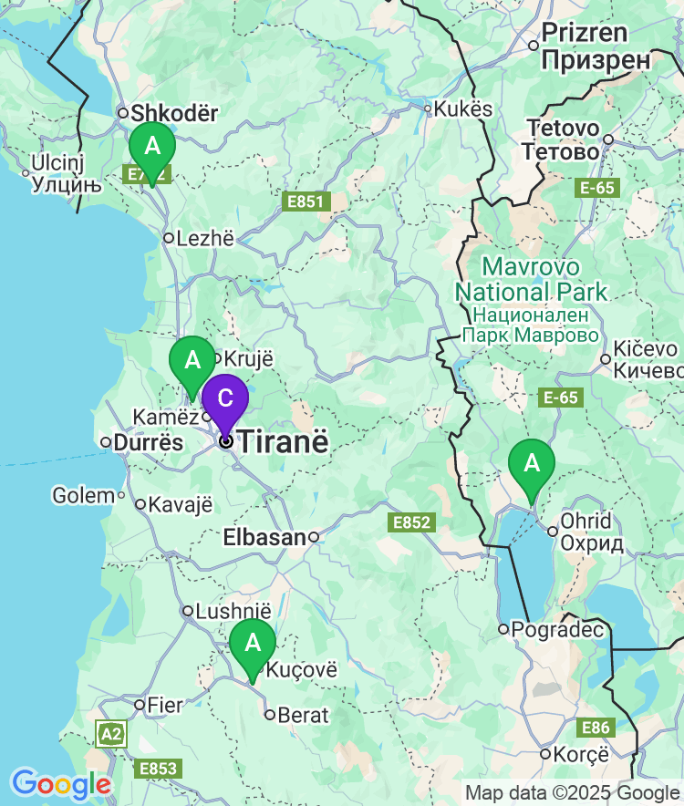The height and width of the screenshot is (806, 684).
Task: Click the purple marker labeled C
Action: (x=224, y=398)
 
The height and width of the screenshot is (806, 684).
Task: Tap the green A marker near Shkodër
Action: (x=151, y=147)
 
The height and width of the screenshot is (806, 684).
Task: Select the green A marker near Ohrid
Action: (x=532, y=464)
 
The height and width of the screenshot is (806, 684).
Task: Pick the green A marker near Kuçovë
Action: (x=253, y=643)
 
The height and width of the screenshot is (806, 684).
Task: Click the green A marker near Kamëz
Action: (x=192, y=360)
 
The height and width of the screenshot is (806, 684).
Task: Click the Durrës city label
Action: (x=142, y=443)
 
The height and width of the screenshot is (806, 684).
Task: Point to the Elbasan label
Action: (x=264, y=538)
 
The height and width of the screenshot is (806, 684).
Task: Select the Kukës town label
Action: (x=462, y=109)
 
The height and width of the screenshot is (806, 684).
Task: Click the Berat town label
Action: (x=303, y=715)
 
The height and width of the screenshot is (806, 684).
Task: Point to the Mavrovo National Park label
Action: (x=532, y=280)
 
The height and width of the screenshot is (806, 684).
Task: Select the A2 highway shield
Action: (x=111, y=734)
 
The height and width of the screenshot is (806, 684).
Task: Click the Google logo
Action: (x=60, y=784)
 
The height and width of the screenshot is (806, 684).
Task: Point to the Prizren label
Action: (x=585, y=34)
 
